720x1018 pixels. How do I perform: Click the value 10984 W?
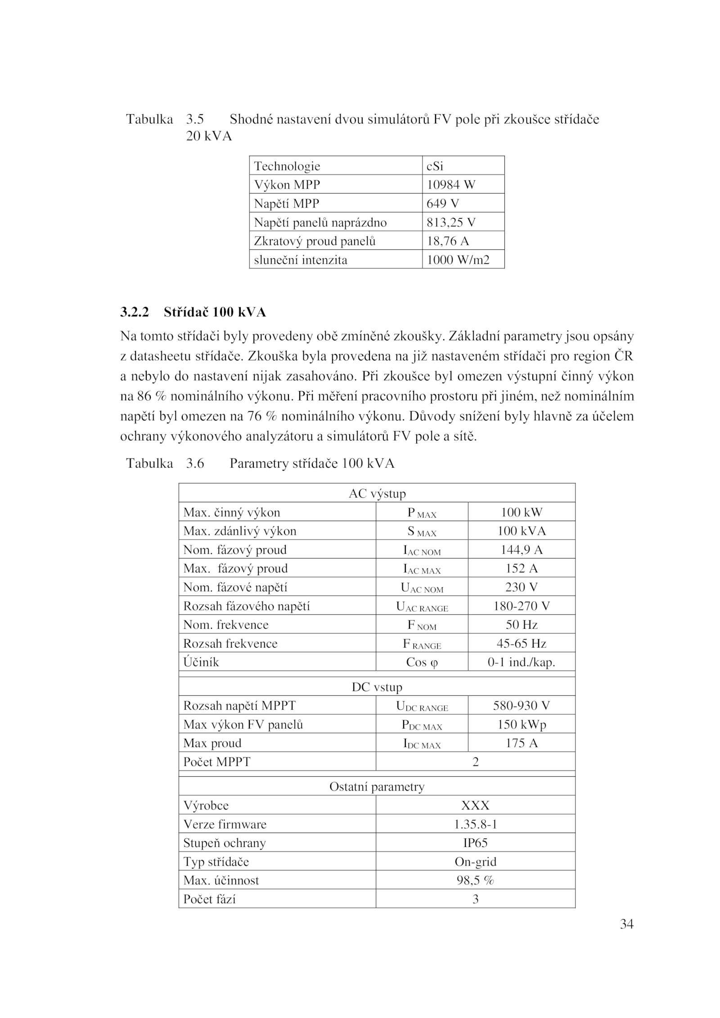click(x=450, y=185)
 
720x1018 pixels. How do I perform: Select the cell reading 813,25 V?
click(x=451, y=222)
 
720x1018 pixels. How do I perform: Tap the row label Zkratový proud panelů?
click(x=315, y=241)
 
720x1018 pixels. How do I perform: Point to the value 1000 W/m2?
click(x=458, y=260)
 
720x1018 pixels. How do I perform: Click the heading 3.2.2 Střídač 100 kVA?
click(x=193, y=312)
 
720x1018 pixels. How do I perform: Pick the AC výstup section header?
click(x=377, y=494)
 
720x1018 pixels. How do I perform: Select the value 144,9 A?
click(x=522, y=550)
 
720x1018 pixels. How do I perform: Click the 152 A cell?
click(x=522, y=568)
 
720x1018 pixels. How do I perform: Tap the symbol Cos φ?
click(x=422, y=662)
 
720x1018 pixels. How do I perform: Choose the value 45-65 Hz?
click(x=522, y=644)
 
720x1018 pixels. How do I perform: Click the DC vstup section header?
click(x=377, y=687)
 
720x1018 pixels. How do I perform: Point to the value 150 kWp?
click(x=522, y=725)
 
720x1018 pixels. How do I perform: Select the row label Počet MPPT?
click(x=216, y=762)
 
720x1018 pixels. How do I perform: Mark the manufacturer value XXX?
click(x=475, y=806)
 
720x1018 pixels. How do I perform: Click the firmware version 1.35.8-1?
click(x=475, y=824)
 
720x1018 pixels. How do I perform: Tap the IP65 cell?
click(x=475, y=843)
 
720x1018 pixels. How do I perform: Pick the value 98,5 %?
click(x=475, y=880)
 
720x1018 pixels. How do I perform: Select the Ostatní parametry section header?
click(x=377, y=787)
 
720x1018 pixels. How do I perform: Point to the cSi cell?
click(x=435, y=167)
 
